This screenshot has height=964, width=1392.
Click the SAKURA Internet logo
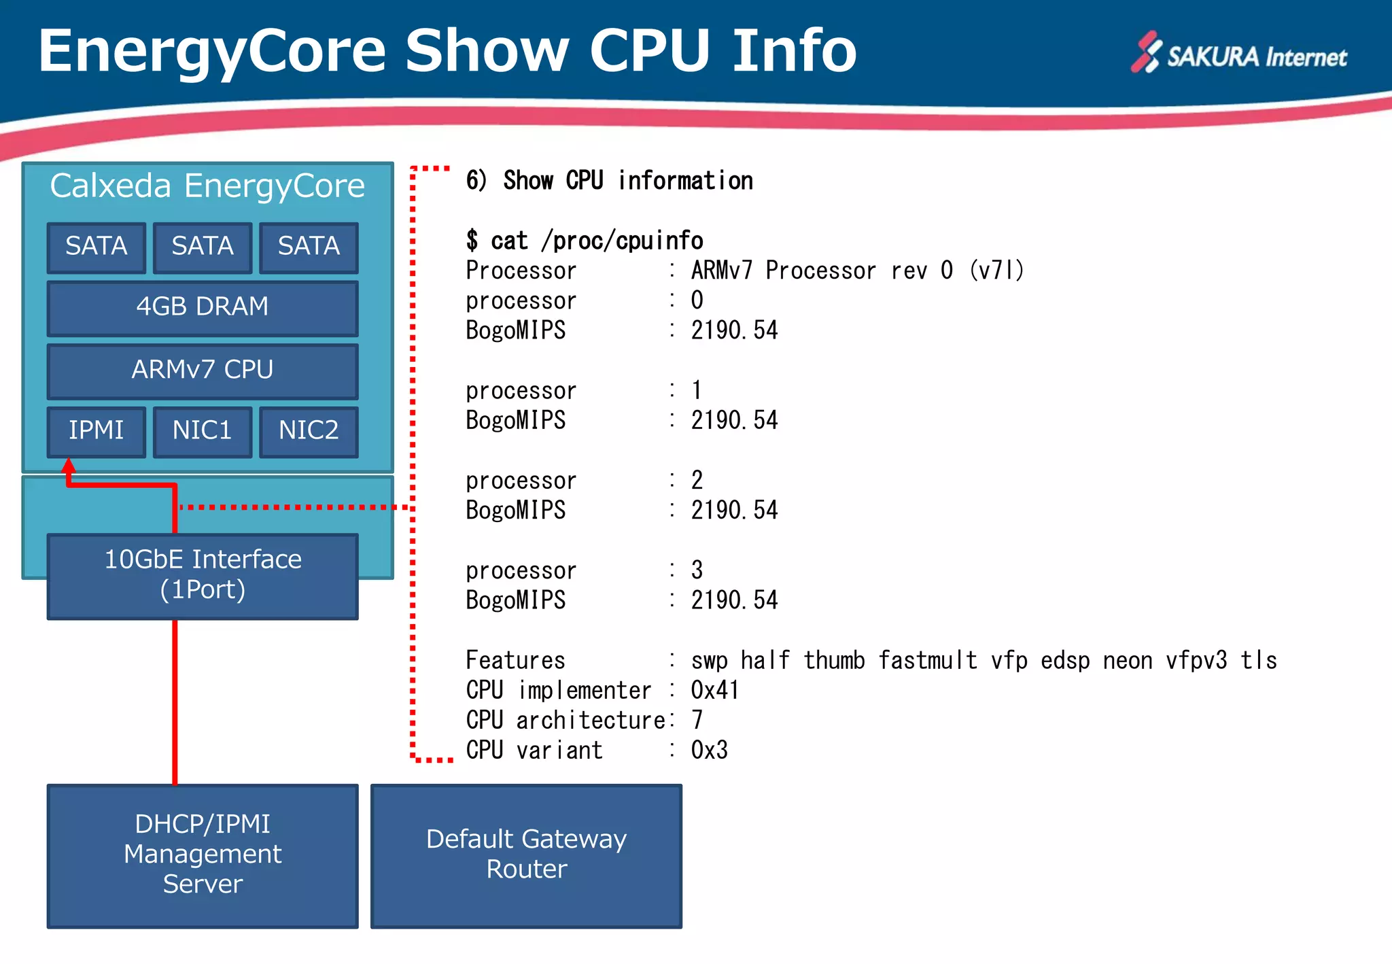(x=1238, y=54)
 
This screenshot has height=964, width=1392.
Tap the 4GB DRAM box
(x=203, y=307)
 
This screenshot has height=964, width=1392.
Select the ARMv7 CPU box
(x=203, y=371)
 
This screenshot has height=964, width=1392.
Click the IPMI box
(x=97, y=431)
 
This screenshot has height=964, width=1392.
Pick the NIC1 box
(x=203, y=431)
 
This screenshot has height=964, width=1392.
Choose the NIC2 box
(x=309, y=431)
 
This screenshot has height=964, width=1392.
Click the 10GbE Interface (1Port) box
(x=203, y=575)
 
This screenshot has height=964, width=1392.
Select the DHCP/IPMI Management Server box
(x=203, y=855)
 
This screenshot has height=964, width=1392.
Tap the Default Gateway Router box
(x=526, y=855)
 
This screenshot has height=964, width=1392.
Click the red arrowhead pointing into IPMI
(x=69, y=466)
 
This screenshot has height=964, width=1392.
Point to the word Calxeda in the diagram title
(x=110, y=186)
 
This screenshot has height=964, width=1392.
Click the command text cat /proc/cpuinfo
(x=596, y=241)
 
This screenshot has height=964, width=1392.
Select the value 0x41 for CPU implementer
(x=714, y=690)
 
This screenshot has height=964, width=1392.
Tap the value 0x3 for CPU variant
(x=709, y=750)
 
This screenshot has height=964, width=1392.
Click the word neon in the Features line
(x=1127, y=660)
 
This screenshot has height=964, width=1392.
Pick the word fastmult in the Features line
(x=927, y=660)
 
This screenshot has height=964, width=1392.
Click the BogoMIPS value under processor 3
(x=734, y=600)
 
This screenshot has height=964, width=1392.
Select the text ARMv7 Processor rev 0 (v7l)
(x=857, y=271)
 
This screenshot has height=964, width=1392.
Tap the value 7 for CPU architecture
(x=697, y=720)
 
